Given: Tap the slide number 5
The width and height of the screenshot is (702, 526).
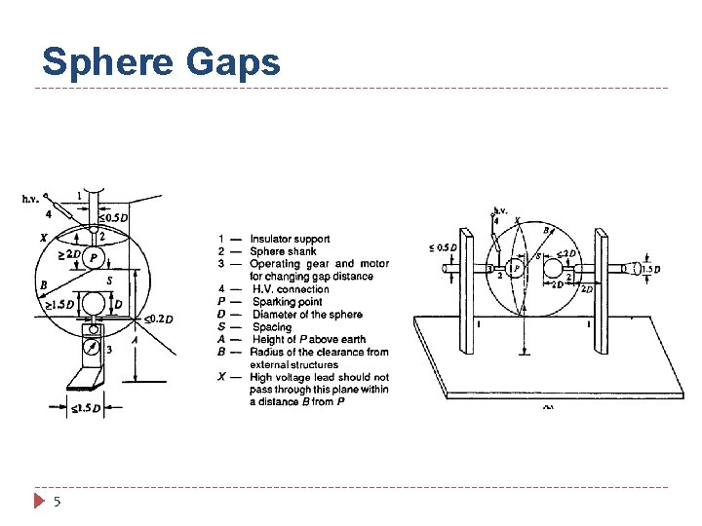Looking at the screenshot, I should [58, 502].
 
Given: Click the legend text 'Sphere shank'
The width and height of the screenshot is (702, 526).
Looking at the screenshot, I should [283, 251].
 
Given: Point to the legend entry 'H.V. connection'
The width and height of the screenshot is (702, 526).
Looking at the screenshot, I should [291, 289].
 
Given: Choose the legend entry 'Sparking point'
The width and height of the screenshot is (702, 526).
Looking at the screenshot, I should [287, 302].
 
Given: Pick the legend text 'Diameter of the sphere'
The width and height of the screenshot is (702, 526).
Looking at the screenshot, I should [307, 315].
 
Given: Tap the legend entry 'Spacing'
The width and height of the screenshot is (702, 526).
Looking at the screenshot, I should [272, 327].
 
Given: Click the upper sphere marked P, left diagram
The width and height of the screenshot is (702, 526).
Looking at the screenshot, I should [94, 257].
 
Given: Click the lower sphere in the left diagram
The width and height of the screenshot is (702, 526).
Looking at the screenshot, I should [94, 304].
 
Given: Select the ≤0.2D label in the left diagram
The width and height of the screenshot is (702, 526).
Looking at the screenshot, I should [158, 319].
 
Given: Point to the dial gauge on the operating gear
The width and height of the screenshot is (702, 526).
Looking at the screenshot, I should [93, 346].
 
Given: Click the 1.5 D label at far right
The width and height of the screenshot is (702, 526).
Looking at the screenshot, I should [651, 269].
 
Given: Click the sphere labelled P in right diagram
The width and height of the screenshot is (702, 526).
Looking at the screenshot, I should [516, 270].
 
